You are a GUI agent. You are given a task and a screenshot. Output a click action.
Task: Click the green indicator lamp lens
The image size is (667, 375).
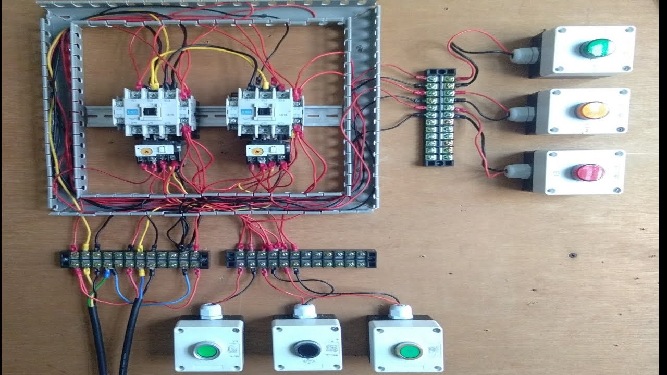point(597,48)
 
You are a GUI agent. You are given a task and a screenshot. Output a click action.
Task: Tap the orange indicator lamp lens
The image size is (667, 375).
point(592,110)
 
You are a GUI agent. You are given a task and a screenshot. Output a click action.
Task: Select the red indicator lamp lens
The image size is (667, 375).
point(587,171)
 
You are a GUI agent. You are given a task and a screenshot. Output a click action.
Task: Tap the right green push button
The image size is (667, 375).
point(407,350)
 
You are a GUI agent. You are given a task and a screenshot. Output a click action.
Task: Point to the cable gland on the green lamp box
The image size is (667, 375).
point(520,55)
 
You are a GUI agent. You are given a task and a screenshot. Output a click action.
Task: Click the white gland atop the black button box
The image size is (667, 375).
point(304,311)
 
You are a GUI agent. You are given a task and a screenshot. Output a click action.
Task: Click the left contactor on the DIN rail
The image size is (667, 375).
point(154,111)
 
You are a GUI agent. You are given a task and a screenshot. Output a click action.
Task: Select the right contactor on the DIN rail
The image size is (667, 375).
point(266,111)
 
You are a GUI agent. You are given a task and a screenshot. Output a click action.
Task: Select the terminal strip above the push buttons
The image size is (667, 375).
point(301,258)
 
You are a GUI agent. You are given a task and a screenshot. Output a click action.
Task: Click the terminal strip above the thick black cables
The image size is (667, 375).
point(134,259)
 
